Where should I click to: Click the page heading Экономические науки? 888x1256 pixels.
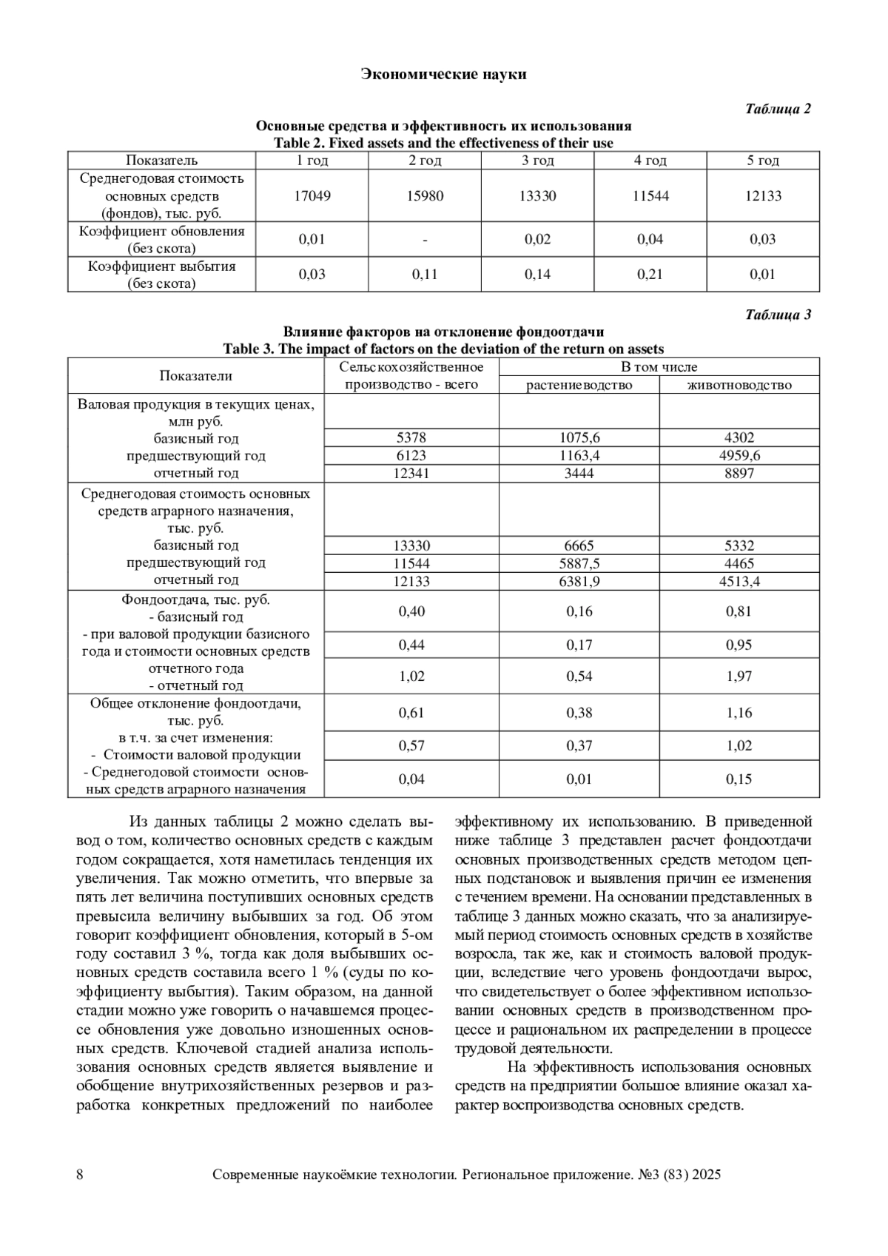tap(443, 74)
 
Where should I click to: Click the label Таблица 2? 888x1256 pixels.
tap(778, 109)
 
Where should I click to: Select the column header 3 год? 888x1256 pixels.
tap(537, 161)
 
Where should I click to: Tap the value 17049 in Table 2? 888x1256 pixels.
tap(312, 196)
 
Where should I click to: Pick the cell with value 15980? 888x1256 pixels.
tap(425, 196)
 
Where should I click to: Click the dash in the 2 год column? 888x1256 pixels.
tap(425, 240)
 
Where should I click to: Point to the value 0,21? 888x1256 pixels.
tap(650, 275)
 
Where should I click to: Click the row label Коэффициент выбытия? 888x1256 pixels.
tap(161, 266)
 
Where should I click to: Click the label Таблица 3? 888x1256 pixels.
tap(778, 315)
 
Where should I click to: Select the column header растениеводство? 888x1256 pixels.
tap(579, 385)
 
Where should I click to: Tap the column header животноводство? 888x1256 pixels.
tap(739, 385)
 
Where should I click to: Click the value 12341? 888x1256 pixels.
tap(411, 474)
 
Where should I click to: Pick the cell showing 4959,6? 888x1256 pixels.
tap(739, 456)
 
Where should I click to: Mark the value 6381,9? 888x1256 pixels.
tap(579, 582)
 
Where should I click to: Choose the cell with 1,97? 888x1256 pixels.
tap(739, 676)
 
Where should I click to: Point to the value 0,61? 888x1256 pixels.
tap(411, 713)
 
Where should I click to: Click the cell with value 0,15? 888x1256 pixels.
tap(739, 779)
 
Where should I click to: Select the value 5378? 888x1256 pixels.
tap(411, 438)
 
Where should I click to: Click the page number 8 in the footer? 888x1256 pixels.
tap(80, 1175)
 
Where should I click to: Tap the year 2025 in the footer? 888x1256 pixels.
tap(707, 1175)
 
